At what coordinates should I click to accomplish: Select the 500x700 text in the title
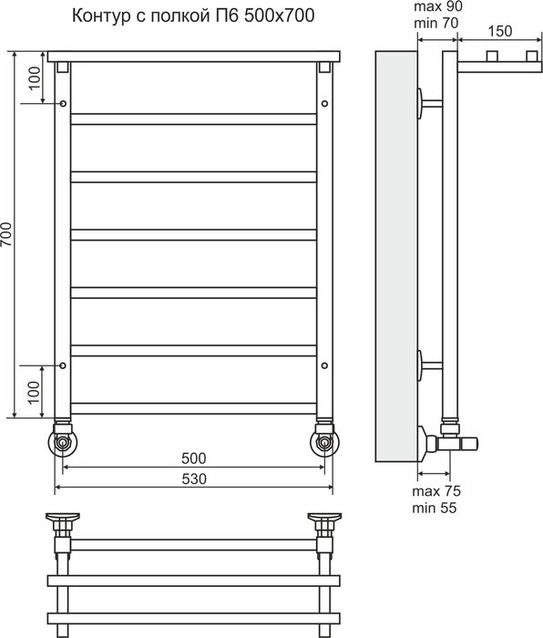click(x=280, y=15)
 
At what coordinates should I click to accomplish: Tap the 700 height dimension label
click(x=6, y=235)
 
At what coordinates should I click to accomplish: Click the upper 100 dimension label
click(x=35, y=78)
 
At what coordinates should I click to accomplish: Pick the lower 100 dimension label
click(x=35, y=392)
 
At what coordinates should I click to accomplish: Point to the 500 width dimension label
click(x=194, y=458)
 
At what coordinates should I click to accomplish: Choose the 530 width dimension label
click(x=194, y=478)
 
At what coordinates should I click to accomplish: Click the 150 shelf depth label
click(x=500, y=31)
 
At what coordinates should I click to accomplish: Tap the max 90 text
click(x=437, y=6)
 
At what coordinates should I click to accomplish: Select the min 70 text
click(x=436, y=23)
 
